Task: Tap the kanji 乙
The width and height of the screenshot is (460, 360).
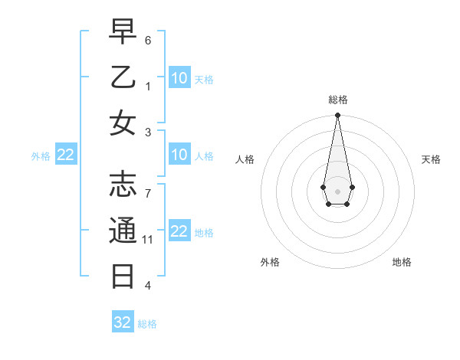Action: (x=123, y=78)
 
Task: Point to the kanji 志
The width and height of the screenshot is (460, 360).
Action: (x=123, y=185)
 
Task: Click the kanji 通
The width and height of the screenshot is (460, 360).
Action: (x=123, y=231)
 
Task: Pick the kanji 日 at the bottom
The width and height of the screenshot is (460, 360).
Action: (x=123, y=275)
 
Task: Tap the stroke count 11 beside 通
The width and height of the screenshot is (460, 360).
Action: (x=148, y=240)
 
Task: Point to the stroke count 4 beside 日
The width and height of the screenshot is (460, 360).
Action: (x=148, y=286)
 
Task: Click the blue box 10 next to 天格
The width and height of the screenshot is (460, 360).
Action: (x=179, y=78)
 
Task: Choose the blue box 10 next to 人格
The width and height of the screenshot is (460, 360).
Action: (x=179, y=155)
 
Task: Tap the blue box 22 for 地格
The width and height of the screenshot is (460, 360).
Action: (x=179, y=232)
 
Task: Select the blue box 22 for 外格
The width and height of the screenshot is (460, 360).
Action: (x=66, y=155)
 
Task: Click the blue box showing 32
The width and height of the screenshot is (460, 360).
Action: (x=123, y=322)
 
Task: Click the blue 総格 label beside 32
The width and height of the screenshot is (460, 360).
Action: (x=148, y=324)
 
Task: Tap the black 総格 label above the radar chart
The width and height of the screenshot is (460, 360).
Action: (x=338, y=100)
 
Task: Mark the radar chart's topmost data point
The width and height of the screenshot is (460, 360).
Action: (x=337, y=115)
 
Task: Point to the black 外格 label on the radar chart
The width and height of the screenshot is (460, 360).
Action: (x=270, y=262)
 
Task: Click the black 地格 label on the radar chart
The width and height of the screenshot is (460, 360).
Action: (x=402, y=262)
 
